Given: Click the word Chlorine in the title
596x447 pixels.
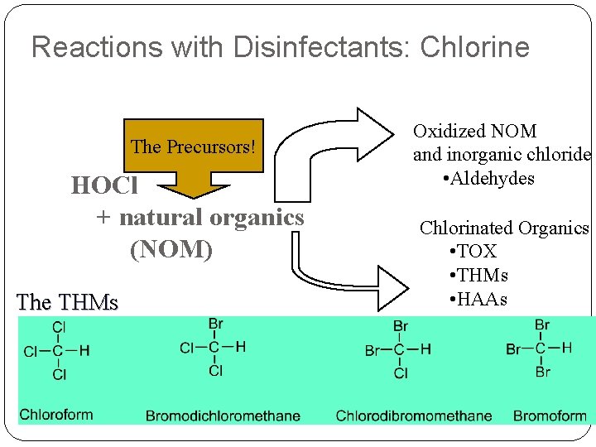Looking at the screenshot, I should [x=474, y=47].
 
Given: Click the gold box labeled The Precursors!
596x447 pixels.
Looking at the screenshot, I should [x=193, y=147].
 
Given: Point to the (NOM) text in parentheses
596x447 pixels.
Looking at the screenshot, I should [x=171, y=248].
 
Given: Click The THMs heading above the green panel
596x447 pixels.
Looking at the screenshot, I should [x=67, y=302].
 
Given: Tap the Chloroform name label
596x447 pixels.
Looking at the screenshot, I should [x=56, y=414].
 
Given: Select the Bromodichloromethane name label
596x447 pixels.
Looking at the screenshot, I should [x=223, y=416].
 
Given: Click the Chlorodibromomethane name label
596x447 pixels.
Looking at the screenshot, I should [x=413, y=416].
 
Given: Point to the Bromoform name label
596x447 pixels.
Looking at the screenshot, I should [x=550, y=416].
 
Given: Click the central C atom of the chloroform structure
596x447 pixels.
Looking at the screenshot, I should [x=59, y=351].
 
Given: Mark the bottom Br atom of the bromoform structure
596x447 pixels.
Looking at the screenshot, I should [x=542, y=372].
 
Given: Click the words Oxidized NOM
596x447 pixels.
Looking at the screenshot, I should [x=475, y=131].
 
